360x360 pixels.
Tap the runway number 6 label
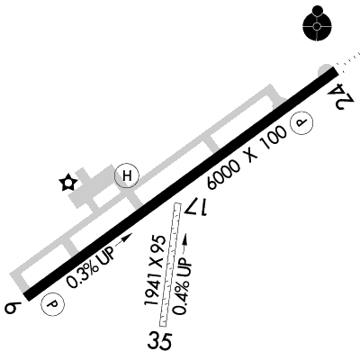coord(13,308)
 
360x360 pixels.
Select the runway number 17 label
coord(196,206)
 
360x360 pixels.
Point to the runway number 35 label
coord(160,341)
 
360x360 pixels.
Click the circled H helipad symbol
coord(127,175)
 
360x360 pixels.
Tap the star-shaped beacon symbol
coord(68,182)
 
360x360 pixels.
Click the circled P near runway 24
coord(301,122)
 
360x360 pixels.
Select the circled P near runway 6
coord(53,304)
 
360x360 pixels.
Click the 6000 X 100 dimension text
coord(247,157)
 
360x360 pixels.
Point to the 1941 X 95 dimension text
coord(155,270)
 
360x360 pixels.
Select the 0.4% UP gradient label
coord(183,286)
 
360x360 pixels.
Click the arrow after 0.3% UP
coord(124,239)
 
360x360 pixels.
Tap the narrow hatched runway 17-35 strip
coord(170,265)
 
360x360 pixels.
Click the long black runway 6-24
coord(181,184)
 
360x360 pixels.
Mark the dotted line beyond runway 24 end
coord(347,59)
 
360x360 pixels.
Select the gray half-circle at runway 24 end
coord(325,70)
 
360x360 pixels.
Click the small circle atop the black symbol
coord(317,10)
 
